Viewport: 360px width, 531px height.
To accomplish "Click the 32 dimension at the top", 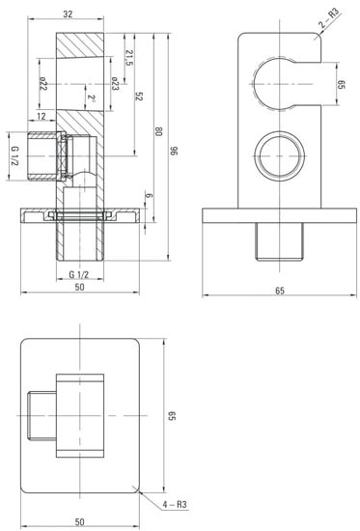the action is [68, 14].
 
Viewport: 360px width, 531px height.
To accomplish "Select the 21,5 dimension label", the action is [129, 58].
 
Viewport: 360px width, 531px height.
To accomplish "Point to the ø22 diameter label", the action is [43, 83].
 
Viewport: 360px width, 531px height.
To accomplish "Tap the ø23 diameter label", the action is [115, 83].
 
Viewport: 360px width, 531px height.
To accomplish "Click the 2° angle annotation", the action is [92, 98].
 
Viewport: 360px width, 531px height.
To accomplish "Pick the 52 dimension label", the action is [139, 97].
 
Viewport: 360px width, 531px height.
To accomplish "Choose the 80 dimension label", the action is [158, 131].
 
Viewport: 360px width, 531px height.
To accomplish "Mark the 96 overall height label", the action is [174, 151].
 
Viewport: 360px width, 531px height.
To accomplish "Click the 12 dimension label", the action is [41, 117].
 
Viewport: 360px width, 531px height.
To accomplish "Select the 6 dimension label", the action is [149, 196].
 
